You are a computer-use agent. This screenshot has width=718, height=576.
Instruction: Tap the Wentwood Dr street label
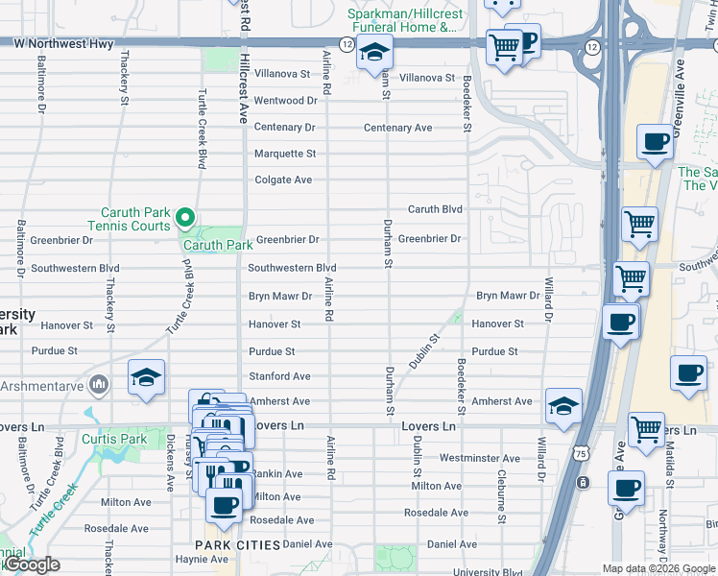(x=285, y=100)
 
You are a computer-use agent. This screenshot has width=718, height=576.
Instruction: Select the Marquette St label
(x=284, y=154)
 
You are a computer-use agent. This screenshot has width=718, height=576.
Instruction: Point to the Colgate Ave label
(x=283, y=180)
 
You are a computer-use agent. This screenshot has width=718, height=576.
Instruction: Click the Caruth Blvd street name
(x=435, y=209)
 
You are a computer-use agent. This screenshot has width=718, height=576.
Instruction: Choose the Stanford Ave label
(x=279, y=376)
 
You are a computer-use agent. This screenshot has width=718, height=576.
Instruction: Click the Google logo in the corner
(x=32, y=564)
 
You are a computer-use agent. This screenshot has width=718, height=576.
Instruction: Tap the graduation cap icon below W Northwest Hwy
(x=374, y=53)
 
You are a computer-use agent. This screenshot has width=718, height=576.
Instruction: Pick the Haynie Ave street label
(x=203, y=560)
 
